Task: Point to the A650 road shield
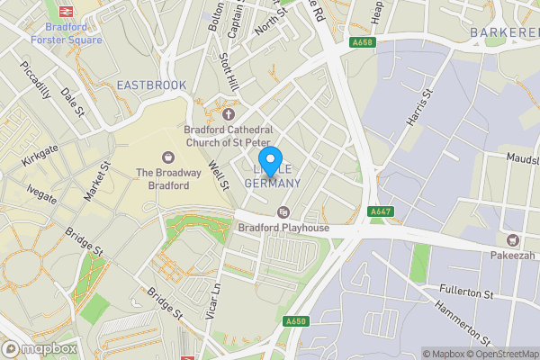click(296, 321)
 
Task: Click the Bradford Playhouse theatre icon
click(283, 212)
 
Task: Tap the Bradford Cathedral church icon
click(229, 114)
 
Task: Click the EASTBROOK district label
click(152, 85)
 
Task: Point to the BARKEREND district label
click(504, 32)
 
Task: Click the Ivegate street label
click(41, 193)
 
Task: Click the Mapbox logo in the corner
click(39, 348)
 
